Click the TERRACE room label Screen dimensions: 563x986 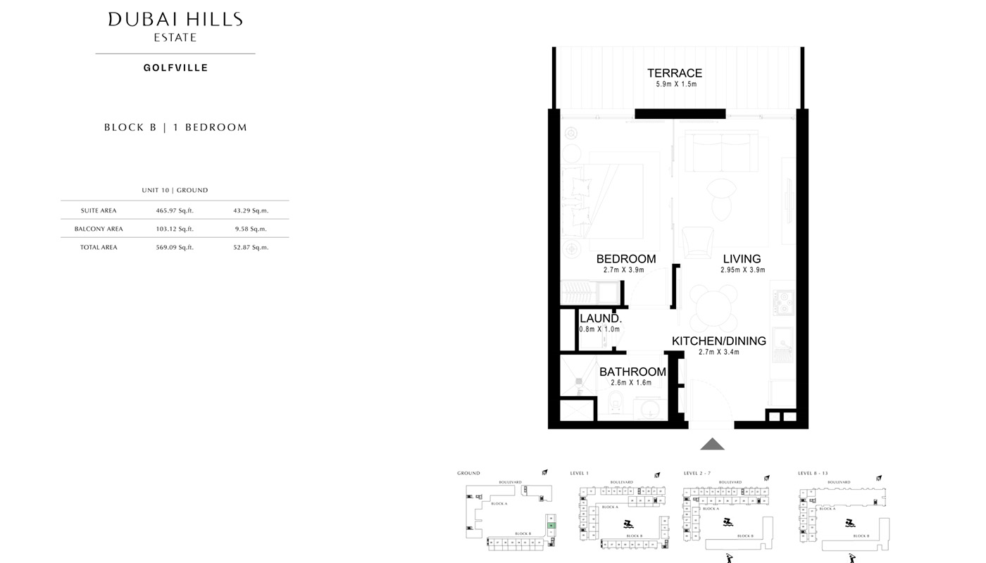coord(674,73)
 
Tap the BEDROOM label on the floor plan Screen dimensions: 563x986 coord(625,258)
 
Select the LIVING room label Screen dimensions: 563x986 coord(742,258)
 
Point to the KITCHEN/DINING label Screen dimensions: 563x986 coord(718,341)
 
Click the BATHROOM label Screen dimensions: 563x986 coord(632,372)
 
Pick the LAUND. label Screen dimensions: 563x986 coord(600,319)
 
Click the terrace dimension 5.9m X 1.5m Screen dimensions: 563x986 coord(674,84)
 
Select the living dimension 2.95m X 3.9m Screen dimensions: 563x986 coord(742,270)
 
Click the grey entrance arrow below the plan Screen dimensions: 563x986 coord(712,444)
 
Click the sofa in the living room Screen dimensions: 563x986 coord(721,151)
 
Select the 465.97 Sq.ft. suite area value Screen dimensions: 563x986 coord(174,210)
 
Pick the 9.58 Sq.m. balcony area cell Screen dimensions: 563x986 coord(250,229)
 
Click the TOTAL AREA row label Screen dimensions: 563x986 coord(99,247)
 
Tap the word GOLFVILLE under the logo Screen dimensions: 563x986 coord(175,68)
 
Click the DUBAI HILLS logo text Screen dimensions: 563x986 coord(175,20)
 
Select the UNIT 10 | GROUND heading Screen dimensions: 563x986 coord(175,190)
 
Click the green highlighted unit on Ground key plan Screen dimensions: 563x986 coord(551,526)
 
